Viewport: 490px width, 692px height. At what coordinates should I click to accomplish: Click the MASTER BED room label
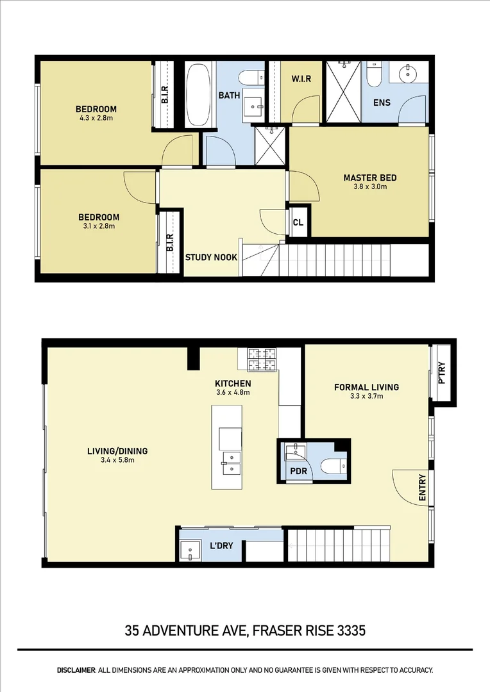369,178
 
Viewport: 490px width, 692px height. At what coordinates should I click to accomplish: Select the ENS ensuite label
381,103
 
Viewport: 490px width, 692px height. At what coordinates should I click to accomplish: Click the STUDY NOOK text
211,258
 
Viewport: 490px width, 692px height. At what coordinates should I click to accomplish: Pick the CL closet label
298,223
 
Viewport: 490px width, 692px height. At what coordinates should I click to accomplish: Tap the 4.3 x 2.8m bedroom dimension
96,119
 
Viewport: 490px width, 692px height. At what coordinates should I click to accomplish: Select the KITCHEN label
232,383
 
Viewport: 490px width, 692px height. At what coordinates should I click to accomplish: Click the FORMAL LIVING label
366,387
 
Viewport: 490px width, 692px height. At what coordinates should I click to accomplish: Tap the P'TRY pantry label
441,375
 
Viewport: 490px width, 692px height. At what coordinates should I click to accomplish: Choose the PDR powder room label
299,472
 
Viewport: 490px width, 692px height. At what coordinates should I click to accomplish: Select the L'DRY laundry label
221,546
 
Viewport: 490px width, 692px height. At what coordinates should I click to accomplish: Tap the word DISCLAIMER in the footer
76,670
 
